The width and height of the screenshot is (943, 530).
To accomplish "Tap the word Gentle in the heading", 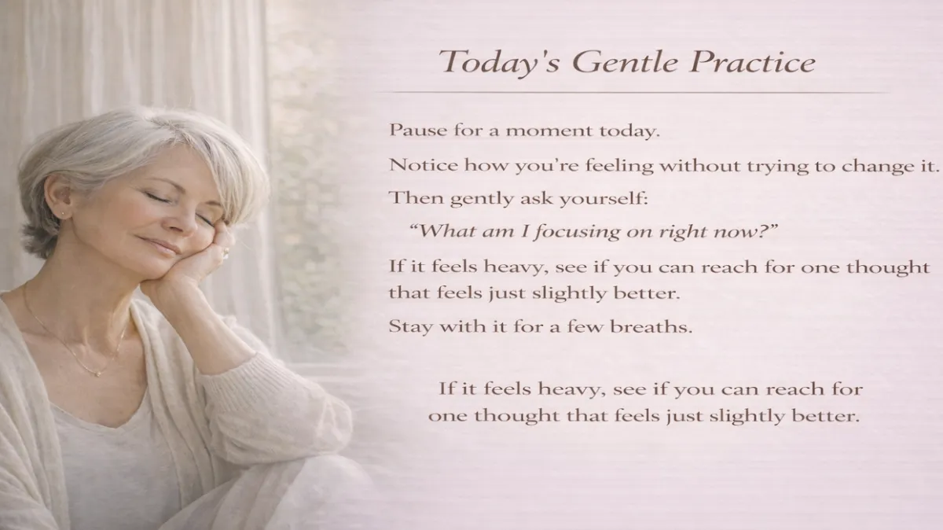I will [599, 61].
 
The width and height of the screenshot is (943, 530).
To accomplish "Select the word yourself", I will [604, 198].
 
